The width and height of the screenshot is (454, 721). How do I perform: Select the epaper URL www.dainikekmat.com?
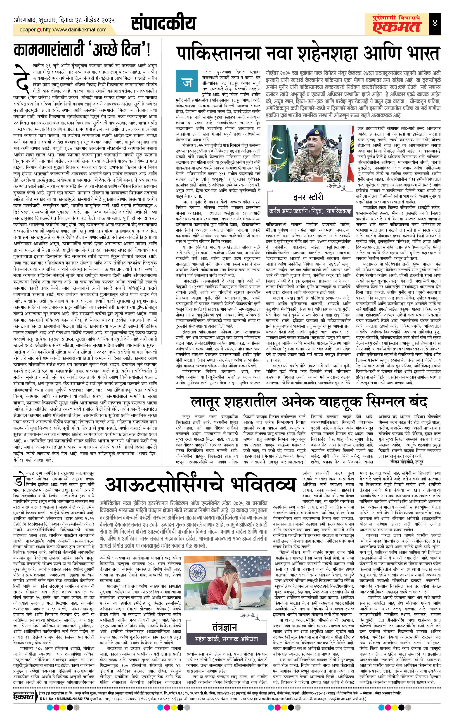pos(75,30)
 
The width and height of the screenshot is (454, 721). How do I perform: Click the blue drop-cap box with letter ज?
pos(186,82)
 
